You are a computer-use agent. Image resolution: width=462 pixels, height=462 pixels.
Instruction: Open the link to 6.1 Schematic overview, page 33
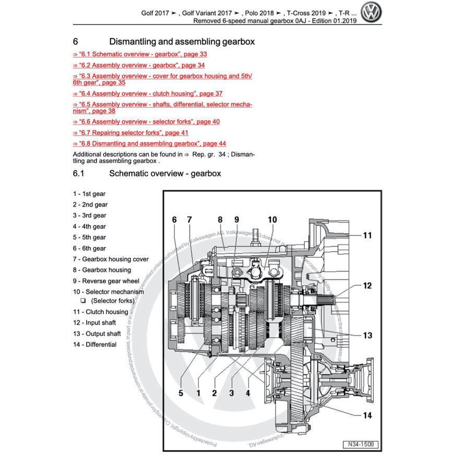[x=140, y=54]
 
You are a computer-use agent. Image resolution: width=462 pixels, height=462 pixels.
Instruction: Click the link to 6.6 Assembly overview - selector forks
[x=146, y=122]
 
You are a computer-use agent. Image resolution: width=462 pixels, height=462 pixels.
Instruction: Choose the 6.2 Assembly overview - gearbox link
[x=138, y=65]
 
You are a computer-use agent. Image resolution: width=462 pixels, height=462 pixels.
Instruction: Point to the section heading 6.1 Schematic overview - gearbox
[x=165, y=173]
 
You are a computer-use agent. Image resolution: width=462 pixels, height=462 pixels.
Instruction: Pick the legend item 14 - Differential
[x=94, y=345]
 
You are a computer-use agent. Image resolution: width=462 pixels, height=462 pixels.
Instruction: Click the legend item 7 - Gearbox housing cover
[x=111, y=259]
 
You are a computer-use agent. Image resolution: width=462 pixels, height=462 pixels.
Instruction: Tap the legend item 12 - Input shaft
[x=94, y=323]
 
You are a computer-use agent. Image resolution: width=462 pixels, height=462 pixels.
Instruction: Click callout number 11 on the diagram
[x=368, y=235]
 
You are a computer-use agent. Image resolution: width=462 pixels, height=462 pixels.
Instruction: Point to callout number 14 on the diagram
[x=368, y=416]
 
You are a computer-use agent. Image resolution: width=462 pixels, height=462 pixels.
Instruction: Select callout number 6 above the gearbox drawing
[x=175, y=220]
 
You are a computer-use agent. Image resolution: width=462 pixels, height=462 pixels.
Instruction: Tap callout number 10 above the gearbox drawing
[x=272, y=220]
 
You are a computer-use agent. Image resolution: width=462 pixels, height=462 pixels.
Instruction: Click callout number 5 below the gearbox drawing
[x=181, y=393]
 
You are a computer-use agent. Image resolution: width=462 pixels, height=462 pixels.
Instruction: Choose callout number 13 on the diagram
[x=368, y=335]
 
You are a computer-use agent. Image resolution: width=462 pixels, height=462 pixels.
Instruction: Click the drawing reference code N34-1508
[x=361, y=444]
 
